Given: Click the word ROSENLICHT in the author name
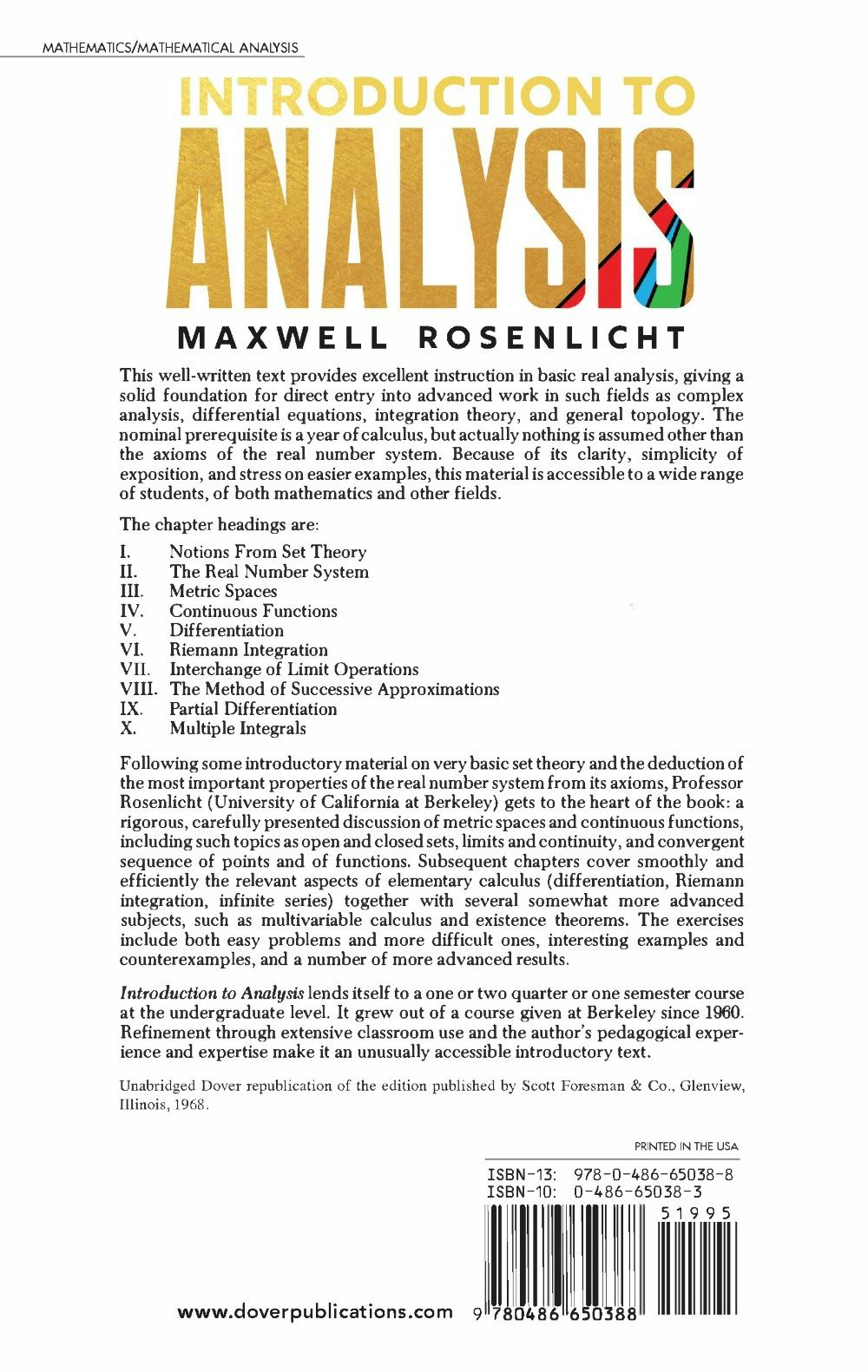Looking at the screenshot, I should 552,338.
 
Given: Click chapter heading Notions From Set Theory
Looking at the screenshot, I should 267,552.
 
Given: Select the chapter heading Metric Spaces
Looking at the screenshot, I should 223,591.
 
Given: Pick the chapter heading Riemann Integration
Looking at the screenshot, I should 248,650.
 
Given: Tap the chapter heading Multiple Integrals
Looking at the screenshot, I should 238,729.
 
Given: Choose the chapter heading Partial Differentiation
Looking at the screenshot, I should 253,709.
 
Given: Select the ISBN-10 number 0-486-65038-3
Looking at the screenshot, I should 638,1192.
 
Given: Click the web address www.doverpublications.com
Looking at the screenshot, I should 314,1312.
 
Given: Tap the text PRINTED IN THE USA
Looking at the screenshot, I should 686,1146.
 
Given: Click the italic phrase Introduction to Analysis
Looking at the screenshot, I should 212,994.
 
